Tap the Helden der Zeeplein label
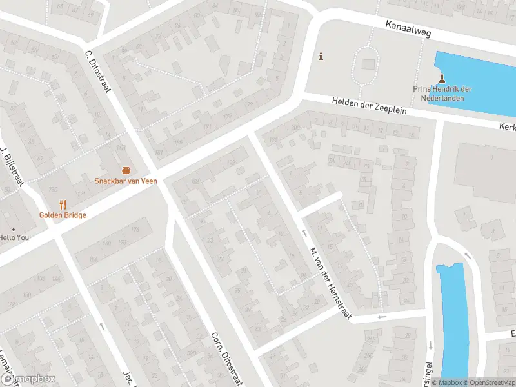pyautogui.click(x=370, y=106)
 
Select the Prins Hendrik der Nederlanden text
pyautogui.click(x=442, y=94)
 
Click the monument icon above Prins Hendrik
pyautogui.click(x=442, y=79)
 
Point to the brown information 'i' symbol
pyautogui.click(x=321, y=57)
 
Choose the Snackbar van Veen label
pyautogui.click(x=126, y=181)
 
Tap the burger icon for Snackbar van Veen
pyautogui.click(x=126, y=170)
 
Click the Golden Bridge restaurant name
pyautogui.click(x=63, y=215)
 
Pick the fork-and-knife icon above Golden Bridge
pyautogui.click(x=63, y=204)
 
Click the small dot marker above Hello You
pyautogui.click(x=13, y=230)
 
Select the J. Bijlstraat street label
pyautogui.click(x=12, y=167)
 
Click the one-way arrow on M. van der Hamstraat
pyautogui.click(x=303, y=231)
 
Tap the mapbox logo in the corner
pyautogui.click(x=28, y=379)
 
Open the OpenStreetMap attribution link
pyautogui.click(x=488, y=382)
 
